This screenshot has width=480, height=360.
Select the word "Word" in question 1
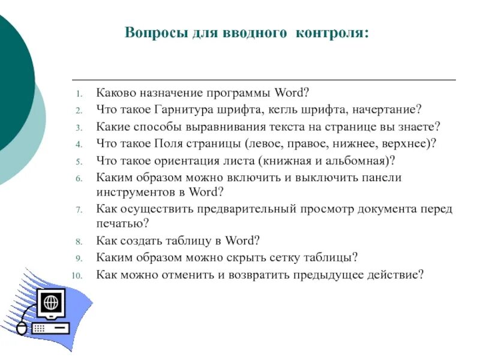[x=290, y=94]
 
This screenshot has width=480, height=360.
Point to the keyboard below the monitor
[x=52, y=328]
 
